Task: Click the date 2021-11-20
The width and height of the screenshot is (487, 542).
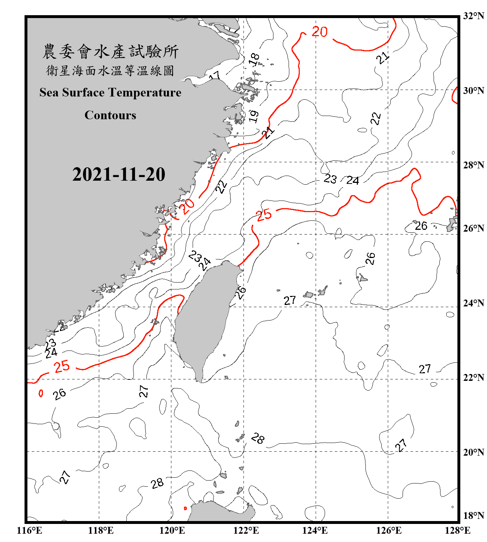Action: tap(119, 175)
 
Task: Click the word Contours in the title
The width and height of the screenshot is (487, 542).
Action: tap(110, 115)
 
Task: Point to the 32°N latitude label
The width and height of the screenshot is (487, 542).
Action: tap(473, 16)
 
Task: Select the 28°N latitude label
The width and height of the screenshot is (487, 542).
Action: tap(473, 165)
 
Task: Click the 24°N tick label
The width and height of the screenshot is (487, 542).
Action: tap(473, 303)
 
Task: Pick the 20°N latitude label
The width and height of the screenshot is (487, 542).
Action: tap(473, 452)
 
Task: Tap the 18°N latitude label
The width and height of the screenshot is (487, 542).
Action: tap(473, 516)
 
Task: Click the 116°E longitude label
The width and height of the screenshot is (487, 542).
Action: tap(30, 530)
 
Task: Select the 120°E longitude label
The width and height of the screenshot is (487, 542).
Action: tap(172, 530)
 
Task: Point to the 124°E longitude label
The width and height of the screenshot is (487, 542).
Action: tap(315, 530)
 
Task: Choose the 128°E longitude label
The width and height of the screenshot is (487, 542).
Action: tap(457, 530)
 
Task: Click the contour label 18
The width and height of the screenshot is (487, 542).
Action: tap(254, 59)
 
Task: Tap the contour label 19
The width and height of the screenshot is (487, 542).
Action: tap(254, 116)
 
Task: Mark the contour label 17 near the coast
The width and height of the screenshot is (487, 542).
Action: tap(215, 76)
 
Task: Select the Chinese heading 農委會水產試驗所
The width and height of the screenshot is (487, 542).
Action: tap(110, 51)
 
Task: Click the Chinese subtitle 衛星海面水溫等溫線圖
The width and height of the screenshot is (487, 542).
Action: tap(110, 71)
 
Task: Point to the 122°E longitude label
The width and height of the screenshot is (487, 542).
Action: tap(246, 530)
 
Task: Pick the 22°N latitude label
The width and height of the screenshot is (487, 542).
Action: tap(473, 378)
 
